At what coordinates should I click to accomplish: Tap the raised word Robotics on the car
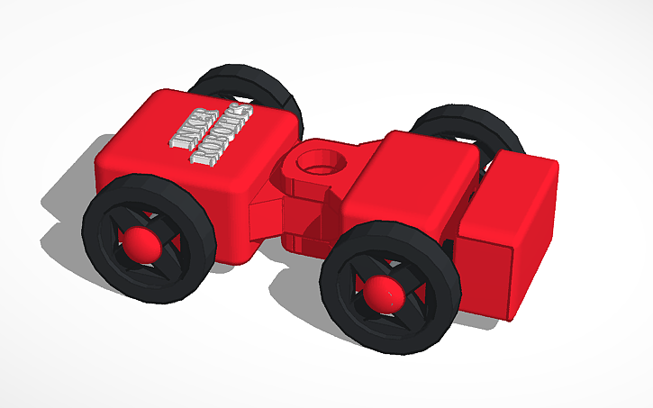tap(220, 135)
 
